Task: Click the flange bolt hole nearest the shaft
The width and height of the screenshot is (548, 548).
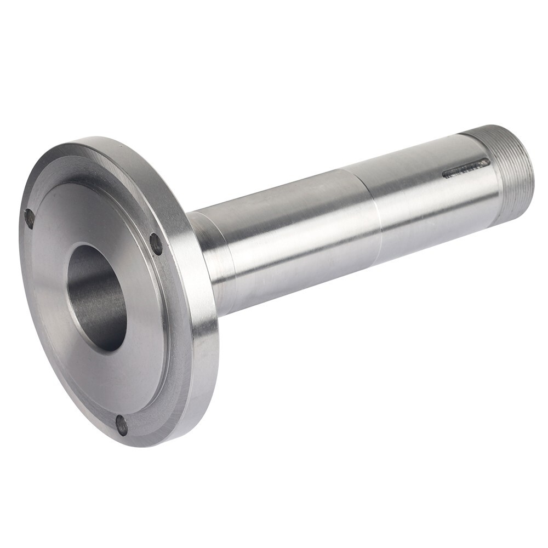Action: [156, 244]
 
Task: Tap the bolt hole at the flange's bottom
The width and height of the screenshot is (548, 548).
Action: [122, 425]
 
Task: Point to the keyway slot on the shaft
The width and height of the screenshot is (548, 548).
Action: [466, 168]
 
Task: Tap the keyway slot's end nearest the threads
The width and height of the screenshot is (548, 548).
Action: [487, 162]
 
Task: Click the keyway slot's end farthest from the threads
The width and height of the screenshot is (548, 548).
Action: [445, 175]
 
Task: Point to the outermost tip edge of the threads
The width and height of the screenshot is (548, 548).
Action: [530, 164]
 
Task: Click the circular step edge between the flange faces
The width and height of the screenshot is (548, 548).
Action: [164, 285]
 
